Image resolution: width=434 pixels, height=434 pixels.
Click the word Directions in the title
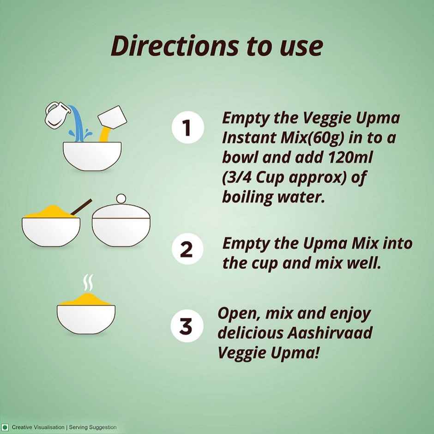click(x=175, y=46)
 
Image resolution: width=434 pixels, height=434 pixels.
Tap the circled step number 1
click(x=187, y=127)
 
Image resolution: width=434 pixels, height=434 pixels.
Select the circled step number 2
click(x=187, y=249)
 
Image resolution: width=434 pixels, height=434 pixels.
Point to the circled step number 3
click(x=187, y=326)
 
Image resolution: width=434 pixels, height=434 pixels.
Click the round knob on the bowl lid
click(x=121, y=199)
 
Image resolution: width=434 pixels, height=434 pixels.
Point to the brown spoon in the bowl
click(x=81, y=207)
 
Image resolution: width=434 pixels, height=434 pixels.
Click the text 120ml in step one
click(x=350, y=157)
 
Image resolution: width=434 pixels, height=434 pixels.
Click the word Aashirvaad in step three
click(x=330, y=333)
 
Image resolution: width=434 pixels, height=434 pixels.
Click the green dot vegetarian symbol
click(x=5, y=427)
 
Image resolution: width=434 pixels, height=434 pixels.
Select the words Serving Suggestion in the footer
click(x=93, y=428)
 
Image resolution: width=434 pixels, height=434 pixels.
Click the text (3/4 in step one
click(x=237, y=177)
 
